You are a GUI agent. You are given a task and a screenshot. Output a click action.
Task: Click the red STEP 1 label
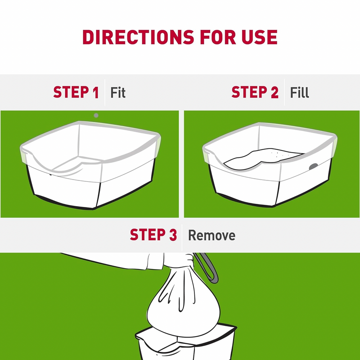(76, 93)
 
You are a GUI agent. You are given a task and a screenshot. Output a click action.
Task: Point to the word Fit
(118, 93)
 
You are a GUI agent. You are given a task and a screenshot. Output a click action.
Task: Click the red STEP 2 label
(255, 93)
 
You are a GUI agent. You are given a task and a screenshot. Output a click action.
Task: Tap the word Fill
(299, 93)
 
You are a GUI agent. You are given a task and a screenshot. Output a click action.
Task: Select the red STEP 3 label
(153, 235)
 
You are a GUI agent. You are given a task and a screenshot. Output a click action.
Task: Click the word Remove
(211, 235)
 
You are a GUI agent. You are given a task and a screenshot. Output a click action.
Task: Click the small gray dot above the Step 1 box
(96, 115)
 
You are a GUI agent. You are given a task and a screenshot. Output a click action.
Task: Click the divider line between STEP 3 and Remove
(182, 235)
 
